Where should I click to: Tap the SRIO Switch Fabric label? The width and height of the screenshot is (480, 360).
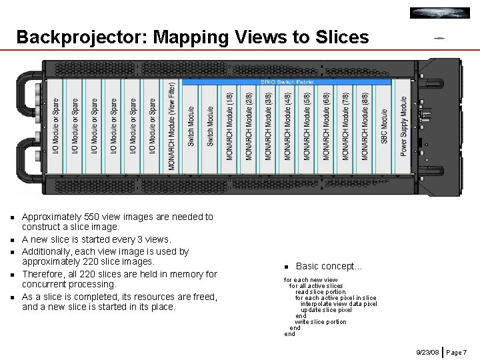click(287, 82)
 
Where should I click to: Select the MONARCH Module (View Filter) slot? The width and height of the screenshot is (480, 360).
click(172, 127)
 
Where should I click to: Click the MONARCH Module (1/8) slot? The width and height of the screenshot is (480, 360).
click(230, 127)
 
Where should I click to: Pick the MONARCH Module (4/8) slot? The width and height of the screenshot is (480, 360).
click(288, 127)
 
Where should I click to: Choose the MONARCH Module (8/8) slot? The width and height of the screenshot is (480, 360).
click(365, 127)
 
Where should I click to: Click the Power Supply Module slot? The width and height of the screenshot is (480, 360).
click(404, 127)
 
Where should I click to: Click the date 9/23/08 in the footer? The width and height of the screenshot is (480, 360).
click(427, 351)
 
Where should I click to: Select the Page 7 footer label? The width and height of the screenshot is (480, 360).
click(457, 351)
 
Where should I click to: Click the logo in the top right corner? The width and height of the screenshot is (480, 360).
click(439, 13)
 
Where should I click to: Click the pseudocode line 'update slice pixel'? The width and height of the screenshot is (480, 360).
click(326, 310)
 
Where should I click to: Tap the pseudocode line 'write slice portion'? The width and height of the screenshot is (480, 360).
click(321, 322)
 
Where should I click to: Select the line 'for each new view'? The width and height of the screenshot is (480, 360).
click(311, 280)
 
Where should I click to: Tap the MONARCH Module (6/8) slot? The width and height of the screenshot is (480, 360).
click(327, 127)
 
